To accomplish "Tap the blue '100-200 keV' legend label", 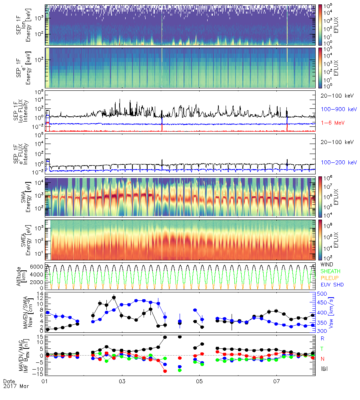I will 339,162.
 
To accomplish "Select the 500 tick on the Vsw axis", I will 321,294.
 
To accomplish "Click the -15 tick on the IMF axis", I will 38,374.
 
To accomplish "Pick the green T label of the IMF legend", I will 323,349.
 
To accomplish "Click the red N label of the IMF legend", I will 323,359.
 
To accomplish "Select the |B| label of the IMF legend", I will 323,368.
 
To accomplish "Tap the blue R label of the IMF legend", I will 323,338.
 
